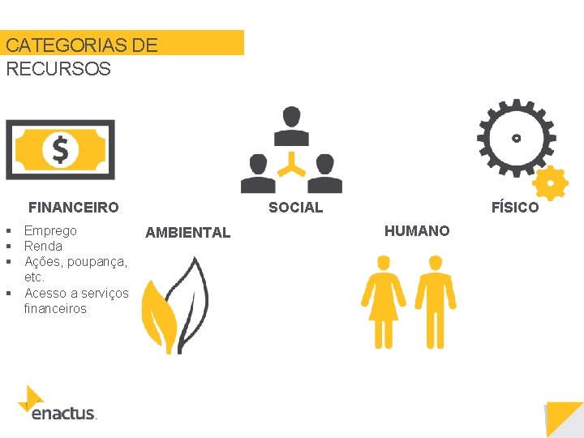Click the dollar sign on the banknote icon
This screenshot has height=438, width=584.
(60, 149)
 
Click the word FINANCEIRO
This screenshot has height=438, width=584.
(74, 208)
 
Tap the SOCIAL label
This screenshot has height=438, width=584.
(295, 208)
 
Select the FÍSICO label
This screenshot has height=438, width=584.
(514, 208)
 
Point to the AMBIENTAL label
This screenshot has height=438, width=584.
(187, 233)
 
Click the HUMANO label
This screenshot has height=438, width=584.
(417, 231)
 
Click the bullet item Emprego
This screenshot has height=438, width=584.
(50, 230)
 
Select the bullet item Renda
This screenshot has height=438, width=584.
(43, 246)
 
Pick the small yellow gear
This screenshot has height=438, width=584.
(551, 184)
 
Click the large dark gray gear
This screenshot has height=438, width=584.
(516, 138)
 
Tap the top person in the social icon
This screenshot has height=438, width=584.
(291, 123)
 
